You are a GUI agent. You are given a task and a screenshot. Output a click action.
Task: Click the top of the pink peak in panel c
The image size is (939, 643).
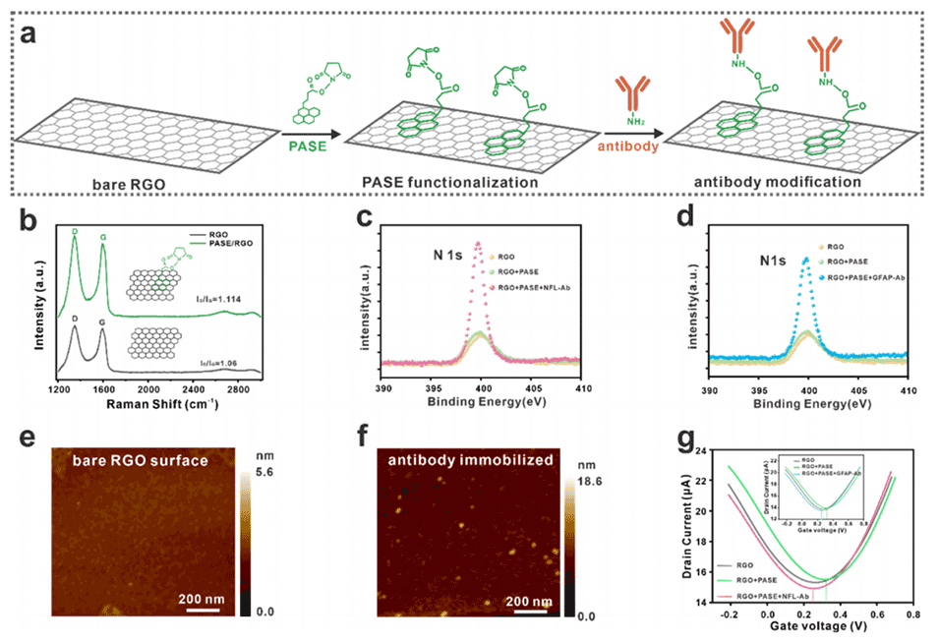pos(478,242)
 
